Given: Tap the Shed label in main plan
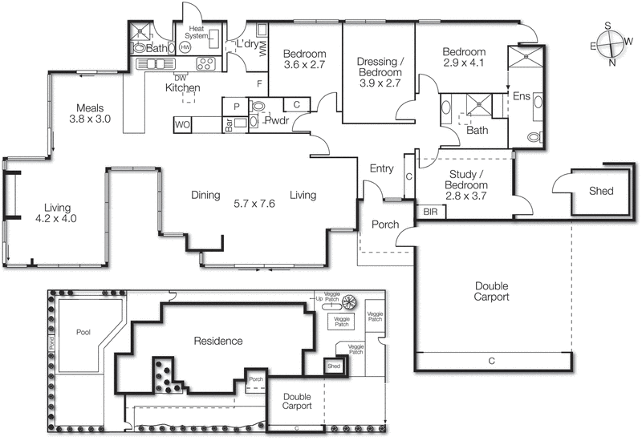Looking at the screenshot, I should pos(600,191).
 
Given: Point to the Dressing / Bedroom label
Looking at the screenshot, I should pos(380,71).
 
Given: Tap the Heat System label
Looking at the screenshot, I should pos(196,33).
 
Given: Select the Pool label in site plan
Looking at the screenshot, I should pos(83,331).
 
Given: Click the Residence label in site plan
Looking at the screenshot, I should pos(218,341).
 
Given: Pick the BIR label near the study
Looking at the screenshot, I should pos(430,212).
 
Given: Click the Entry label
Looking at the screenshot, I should pos(381,168).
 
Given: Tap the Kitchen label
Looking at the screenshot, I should pos(182,87).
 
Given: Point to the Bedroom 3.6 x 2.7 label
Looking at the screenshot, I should pos(304,61).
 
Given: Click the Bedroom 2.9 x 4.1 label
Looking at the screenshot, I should pos(465,59).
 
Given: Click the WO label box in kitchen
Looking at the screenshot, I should pos(181,124).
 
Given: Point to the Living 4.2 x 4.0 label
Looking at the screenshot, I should pos(55,212).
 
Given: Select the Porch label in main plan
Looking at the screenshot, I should pos(384,225).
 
